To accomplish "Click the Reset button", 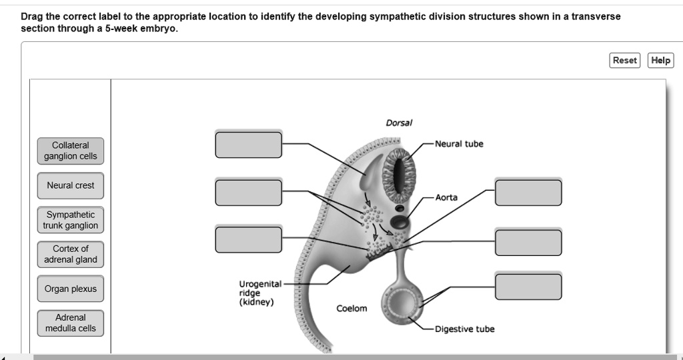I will (x=625, y=61).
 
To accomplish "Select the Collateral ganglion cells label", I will (x=71, y=151).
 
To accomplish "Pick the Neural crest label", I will (x=71, y=185).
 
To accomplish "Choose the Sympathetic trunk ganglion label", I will (x=71, y=220).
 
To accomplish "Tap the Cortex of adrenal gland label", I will (x=71, y=254).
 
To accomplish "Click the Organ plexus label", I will (x=71, y=289).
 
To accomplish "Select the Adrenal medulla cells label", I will (x=71, y=323).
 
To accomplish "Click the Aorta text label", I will (x=446, y=198).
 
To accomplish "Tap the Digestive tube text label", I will (x=464, y=329).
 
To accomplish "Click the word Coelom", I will (x=352, y=309).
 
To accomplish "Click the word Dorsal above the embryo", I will (x=399, y=123).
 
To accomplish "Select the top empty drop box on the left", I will (x=248, y=145).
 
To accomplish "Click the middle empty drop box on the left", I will (x=248, y=192).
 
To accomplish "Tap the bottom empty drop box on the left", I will (x=248, y=239).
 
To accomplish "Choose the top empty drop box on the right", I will (x=528, y=192).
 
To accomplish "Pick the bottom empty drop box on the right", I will (x=528, y=287).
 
